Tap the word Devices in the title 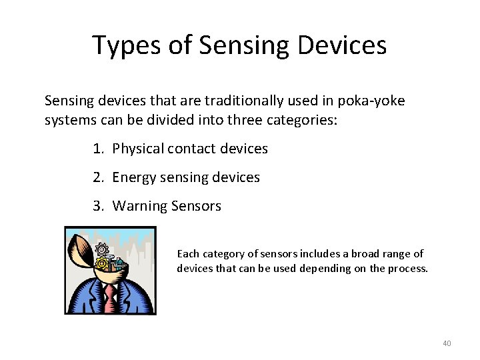(x=342, y=45)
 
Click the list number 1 (x=98, y=149)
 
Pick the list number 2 (x=98, y=177)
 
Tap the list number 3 (x=98, y=206)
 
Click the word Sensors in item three (x=195, y=206)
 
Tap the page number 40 (x=447, y=343)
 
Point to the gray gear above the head (x=102, y=249)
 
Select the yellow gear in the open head (x=103, y=265)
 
